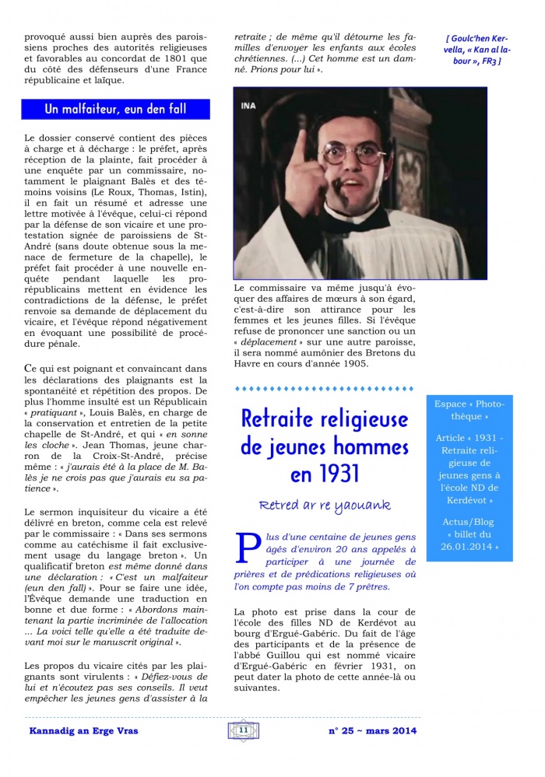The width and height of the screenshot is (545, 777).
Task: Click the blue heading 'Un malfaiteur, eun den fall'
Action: (115, 109)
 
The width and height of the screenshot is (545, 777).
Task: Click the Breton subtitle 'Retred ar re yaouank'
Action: (324, 506)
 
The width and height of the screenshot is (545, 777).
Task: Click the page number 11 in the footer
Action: (243, 730)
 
